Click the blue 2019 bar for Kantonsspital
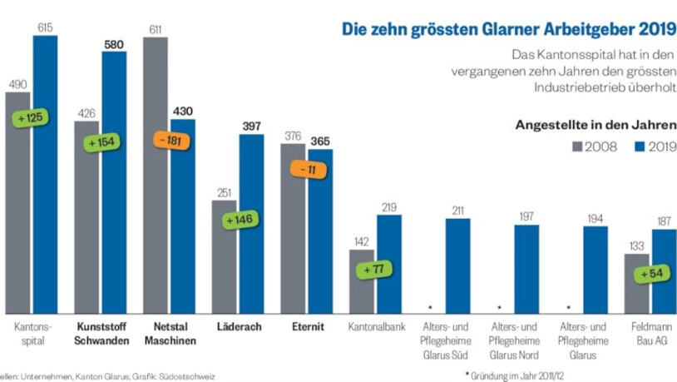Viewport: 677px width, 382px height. coord(45,175)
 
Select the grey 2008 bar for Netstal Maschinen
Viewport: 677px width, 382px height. coord(156,175)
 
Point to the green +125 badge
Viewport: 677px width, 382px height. coord(30,118)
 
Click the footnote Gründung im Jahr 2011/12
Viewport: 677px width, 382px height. coord(517,375)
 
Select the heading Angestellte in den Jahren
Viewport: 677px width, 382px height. coord(595,125)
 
